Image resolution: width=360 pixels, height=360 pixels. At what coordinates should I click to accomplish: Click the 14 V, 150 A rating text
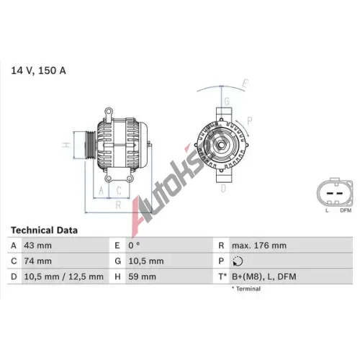[38, 71]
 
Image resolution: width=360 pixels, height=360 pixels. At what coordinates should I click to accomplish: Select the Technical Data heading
[44, 230]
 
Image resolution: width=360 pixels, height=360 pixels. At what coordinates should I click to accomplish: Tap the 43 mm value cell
[38, 246]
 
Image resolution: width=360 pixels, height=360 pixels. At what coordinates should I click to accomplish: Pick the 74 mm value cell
[38, 261]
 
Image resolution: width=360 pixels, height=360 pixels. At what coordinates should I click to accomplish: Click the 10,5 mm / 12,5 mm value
[64, 276]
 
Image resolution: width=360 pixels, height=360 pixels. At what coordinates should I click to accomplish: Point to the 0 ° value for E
[134, 246]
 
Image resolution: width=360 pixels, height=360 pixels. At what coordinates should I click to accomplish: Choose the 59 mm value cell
[142, 276]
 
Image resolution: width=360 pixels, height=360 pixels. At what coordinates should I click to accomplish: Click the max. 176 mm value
[259, 246]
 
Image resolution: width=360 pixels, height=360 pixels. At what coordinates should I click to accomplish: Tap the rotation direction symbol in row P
[238, 261]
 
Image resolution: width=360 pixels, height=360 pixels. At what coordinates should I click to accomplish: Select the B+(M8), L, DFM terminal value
[264, 276]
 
